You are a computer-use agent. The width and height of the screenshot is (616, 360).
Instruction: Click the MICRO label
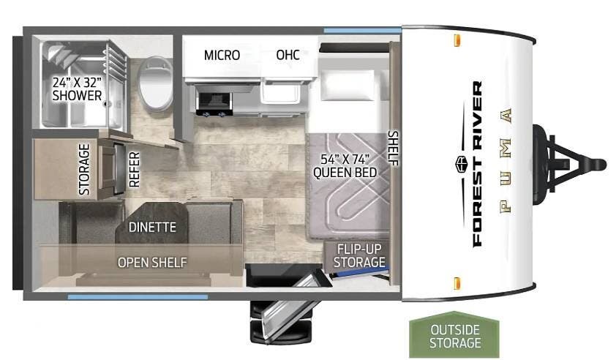[x=222, y=55]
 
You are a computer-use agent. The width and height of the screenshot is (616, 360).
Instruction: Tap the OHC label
[x=288, y=55]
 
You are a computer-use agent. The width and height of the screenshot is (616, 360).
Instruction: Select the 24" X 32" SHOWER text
[x=77, y=89]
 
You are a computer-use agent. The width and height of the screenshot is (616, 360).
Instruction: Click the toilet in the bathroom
[x=157, y=83]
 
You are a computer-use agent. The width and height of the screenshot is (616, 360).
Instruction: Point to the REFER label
[x=134, y=169]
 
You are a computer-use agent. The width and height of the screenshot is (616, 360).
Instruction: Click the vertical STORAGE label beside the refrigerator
[x=84, y=169]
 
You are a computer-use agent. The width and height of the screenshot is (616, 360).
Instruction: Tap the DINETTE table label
[x=152, y=227]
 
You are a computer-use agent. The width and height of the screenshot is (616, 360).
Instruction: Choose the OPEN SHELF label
[x=152, y=263]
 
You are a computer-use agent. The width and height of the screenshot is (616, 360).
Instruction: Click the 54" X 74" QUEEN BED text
[x=345, y=166]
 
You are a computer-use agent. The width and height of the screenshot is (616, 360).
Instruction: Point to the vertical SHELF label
[x=393, y=148]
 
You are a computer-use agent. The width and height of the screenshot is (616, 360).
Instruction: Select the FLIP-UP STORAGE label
[x=359, y=255]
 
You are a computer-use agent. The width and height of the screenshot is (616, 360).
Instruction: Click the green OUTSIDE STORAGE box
[x=454, y=334]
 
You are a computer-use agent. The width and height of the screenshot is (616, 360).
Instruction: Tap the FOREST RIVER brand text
[x=476, y=164]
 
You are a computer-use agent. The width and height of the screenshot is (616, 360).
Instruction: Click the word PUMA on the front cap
[x=506, y=160]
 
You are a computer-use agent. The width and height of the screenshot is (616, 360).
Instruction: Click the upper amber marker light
[x=457, y=40]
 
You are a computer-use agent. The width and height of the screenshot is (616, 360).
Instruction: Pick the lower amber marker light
[x=457, y=283]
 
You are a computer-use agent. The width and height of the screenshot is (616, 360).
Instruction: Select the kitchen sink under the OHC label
[x=280, y=94]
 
